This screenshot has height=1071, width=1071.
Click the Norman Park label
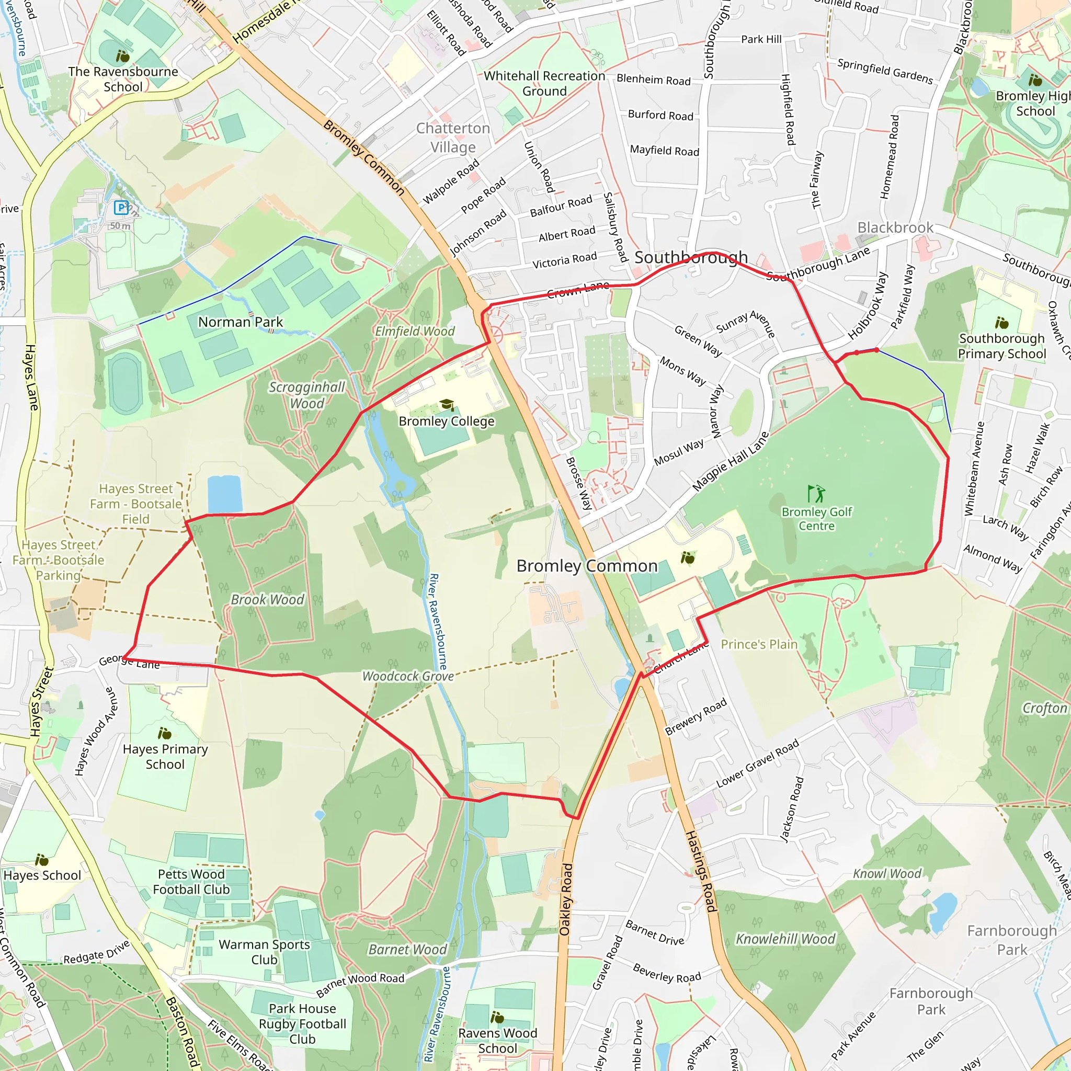[x=241, y=322]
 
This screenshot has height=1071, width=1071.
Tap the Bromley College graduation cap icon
[x=446, y=405]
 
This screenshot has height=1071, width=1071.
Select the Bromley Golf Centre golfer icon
[x=816, y=493]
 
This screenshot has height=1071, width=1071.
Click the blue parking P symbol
[x=121, y=208]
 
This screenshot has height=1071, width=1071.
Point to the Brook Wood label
[x=267, y=599]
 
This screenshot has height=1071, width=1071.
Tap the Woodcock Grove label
[x=408, y=676]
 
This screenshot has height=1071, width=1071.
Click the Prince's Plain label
[x=759, y=644]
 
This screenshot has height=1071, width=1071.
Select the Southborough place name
[x=691, y=257]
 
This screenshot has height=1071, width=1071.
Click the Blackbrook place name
[x=895, y=227]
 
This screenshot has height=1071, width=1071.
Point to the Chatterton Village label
[x=453, y=138]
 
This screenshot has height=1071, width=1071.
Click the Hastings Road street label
[x=701, y=871]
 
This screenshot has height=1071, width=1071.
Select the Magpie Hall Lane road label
[x=731, y=461]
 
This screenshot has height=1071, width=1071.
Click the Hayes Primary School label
[x=165, y=756]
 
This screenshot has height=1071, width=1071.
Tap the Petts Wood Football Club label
[x=191, y=881]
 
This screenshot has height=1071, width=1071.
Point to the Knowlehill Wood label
[x=785, y=939]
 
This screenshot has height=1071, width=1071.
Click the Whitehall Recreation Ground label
[x=544, y=83]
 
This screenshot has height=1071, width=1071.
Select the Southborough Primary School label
[x=1001, y=346]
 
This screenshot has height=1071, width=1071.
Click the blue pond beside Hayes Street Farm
[x=224, y=494]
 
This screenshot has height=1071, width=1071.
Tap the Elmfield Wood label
[x=415, y=331]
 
